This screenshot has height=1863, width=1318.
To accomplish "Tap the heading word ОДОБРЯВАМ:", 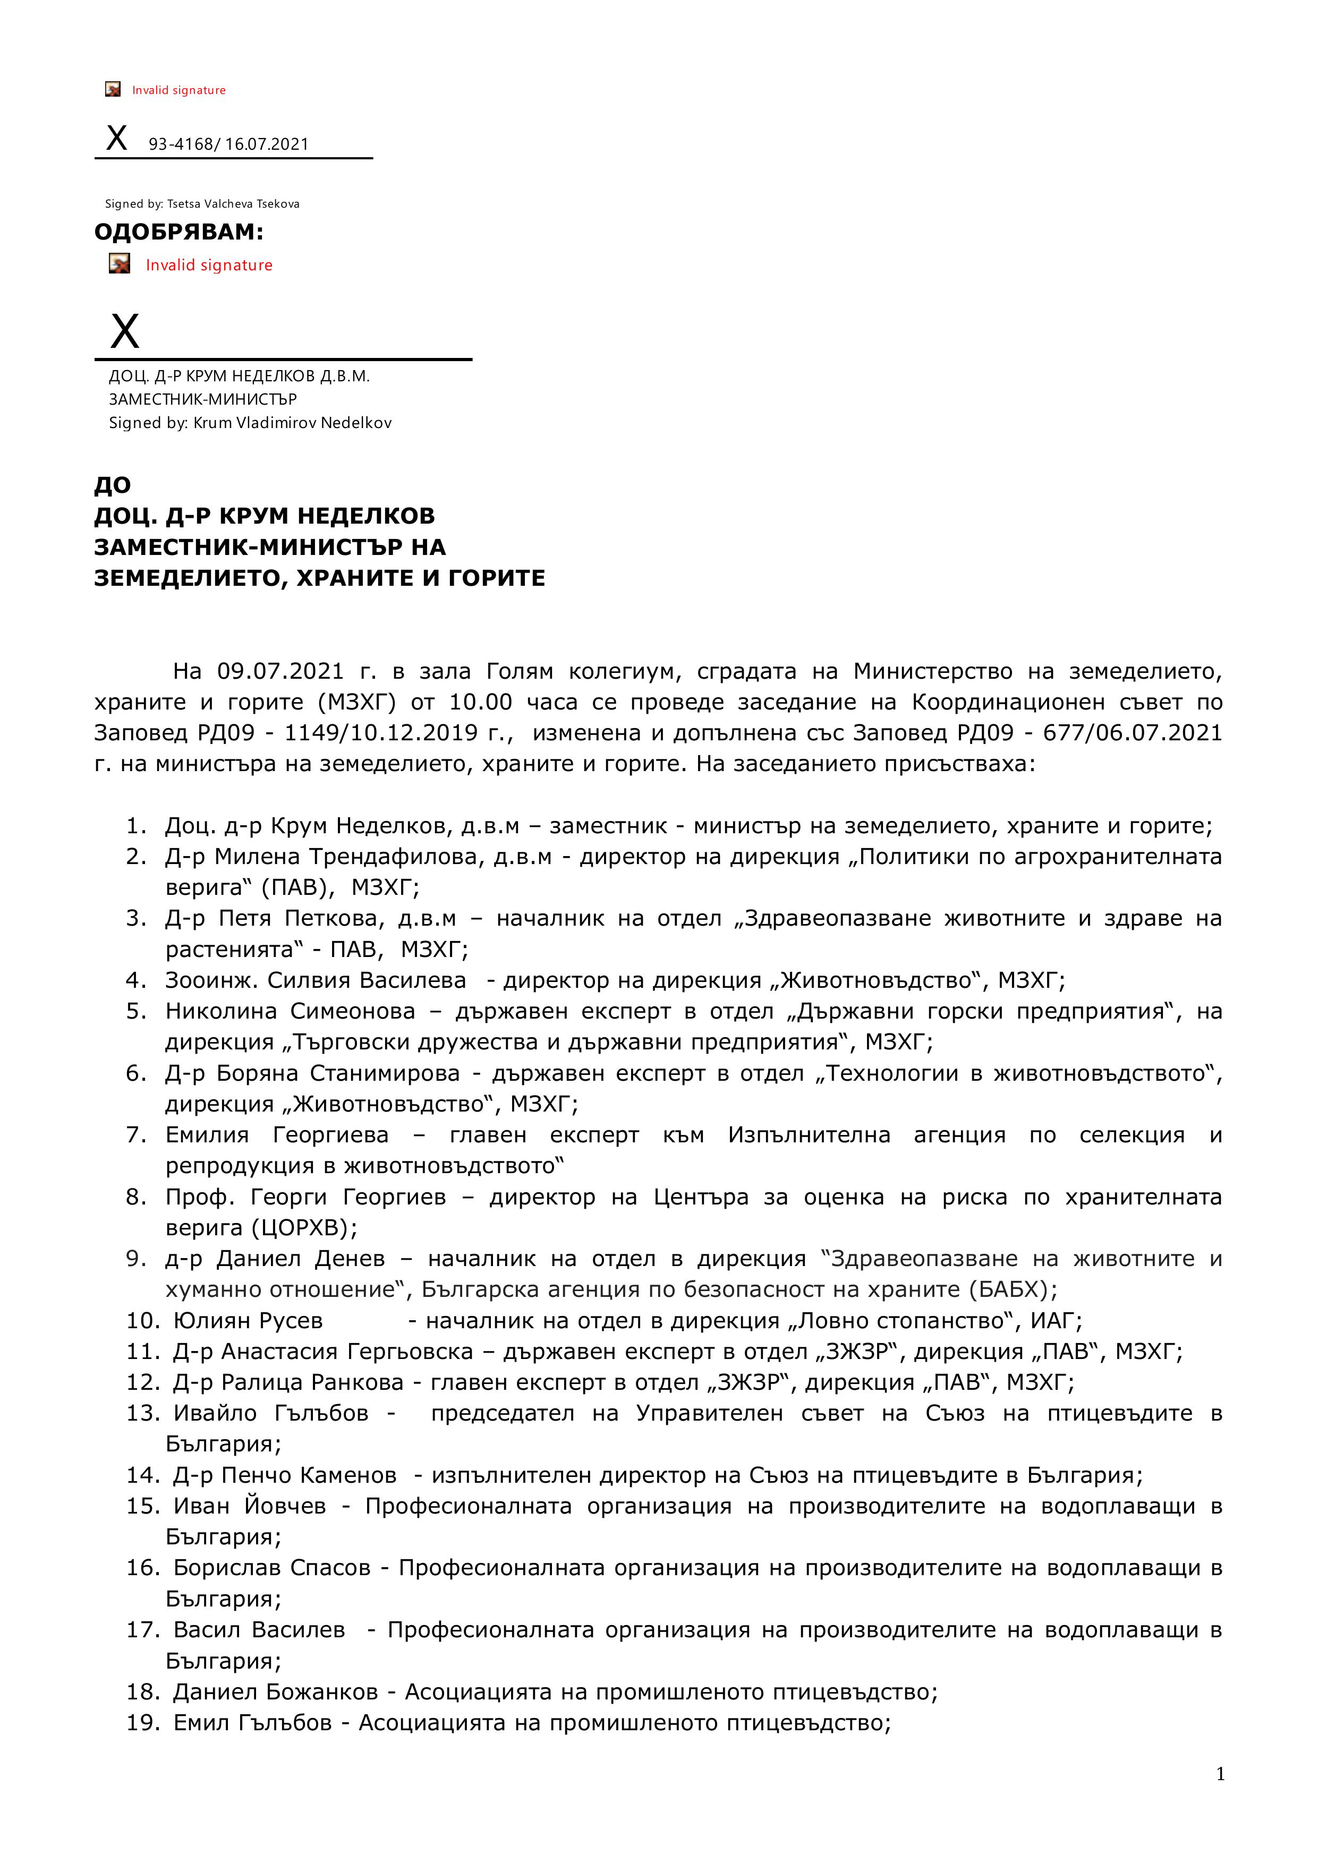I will point(178,232).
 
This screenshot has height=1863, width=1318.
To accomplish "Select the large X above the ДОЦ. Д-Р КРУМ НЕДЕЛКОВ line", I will point(124,331).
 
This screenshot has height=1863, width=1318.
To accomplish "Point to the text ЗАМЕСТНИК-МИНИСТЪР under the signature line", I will point(203,399).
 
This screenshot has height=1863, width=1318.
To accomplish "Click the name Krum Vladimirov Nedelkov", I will point(292,423).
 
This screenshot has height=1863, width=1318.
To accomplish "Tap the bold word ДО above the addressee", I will point(112,485).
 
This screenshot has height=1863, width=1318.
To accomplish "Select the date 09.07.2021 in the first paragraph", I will point(269,672).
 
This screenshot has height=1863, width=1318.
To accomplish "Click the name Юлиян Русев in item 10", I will point(248,1321).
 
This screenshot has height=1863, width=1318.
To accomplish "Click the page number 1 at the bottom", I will point(1220,1775).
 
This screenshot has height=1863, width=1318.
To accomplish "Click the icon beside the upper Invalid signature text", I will point(113,89).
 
